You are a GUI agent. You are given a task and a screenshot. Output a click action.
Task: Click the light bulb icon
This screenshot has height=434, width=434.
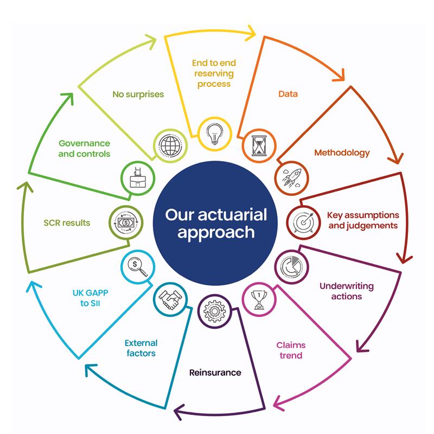click(214, 134)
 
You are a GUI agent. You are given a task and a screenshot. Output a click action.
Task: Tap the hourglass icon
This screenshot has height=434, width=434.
click(259, 145)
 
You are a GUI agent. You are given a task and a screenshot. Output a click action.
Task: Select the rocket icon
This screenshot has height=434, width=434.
click(291, 178)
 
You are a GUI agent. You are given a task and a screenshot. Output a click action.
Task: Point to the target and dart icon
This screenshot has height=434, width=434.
click(304, 222)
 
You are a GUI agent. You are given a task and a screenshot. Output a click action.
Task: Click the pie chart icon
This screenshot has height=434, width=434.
click(291, 267)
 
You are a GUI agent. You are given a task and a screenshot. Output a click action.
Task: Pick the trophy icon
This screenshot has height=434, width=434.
click(259, 300)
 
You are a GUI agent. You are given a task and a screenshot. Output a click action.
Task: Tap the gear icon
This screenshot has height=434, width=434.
click(214, 311)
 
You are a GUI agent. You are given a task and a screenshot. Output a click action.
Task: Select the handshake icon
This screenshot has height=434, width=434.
click(170, 300)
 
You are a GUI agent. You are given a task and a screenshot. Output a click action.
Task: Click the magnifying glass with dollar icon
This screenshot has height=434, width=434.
click(138, 267)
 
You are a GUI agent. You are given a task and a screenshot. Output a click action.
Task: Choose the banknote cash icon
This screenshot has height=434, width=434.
click(126, 222)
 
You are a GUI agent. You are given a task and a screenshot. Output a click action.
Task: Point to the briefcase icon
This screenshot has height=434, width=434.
click(138, 178)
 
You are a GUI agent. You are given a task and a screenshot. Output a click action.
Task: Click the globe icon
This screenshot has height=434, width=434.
click(170, 145)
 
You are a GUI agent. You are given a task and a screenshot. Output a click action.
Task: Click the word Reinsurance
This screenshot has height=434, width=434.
click(215, 373)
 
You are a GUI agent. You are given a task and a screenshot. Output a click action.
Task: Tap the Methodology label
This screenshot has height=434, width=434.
click(342, 153)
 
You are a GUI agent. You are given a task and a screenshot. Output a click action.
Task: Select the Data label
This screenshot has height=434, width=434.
click(288, 94)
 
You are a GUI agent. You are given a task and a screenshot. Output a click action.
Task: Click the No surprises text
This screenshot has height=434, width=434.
click(138, 94)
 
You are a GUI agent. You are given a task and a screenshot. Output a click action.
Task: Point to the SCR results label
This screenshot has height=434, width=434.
click(67, 223)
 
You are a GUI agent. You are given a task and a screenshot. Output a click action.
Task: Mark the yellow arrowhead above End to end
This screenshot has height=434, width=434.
click(251, 34)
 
